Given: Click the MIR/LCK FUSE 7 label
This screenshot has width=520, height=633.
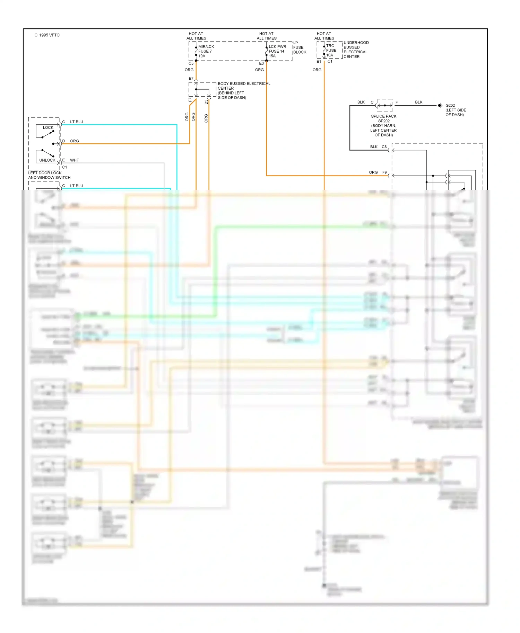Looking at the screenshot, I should point(206,51).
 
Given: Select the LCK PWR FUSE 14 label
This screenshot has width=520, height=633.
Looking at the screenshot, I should point(277,51).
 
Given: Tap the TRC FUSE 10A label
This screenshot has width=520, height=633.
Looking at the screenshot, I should point(331,50).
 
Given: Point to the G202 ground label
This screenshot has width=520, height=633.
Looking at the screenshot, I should point(450,105).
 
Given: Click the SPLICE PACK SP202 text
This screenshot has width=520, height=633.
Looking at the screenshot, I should point(383,118).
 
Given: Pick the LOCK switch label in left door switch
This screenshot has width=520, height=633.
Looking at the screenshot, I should point(48,127).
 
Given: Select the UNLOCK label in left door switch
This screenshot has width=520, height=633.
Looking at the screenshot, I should point(47,160).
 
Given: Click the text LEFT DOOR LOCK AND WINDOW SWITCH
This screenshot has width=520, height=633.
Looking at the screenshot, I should point(49,175).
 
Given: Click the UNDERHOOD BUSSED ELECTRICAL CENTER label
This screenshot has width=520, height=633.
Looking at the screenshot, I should point(356,50).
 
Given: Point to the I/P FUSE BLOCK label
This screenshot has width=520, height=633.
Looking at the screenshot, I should point(300,48).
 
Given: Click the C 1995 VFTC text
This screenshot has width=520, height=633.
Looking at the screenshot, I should point(47,35).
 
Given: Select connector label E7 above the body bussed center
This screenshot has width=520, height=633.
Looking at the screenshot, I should point(191,79).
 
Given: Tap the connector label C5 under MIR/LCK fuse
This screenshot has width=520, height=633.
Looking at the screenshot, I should point(191,63).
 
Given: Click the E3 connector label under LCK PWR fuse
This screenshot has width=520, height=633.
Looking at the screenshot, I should point(261,63).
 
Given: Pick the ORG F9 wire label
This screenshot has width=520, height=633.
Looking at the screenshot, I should point(378,172).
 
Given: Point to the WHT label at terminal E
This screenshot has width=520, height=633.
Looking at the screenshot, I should point(74,160).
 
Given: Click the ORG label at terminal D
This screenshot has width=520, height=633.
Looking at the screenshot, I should point(74,141).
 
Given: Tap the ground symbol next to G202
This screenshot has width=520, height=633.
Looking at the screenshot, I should point(440,105).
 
